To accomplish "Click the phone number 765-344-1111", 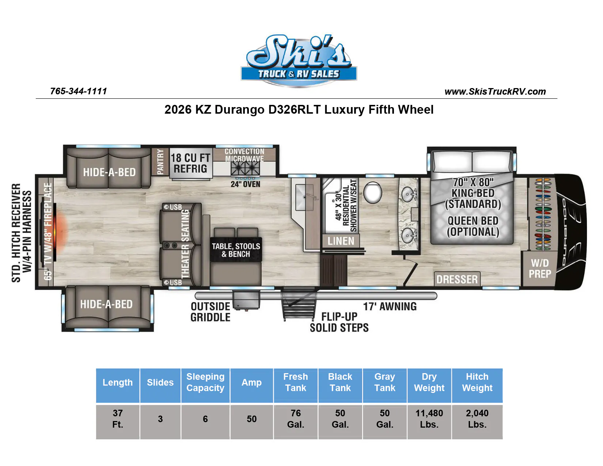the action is click(79, 91).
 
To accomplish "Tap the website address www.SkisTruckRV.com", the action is click(495, 92).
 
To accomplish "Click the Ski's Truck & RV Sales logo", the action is click(299, 60).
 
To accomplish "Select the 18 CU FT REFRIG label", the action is click(190, 163).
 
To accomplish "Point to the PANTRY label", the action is click(160, 162).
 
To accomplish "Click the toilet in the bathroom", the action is click(372, 192).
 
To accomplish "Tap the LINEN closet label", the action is click(341, 241).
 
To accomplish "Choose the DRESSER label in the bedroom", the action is click(457, 279).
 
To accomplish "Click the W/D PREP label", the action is click(540, 268).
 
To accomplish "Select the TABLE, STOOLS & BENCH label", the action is click(236, 250).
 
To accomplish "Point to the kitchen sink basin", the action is click(304, 197).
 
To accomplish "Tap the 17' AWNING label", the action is click(390, 306).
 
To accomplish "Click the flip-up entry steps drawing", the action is click(299, 304).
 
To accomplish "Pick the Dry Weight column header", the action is click(429, 382).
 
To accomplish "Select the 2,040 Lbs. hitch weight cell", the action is click(477, 418).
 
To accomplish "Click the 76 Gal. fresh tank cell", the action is click(296, 418).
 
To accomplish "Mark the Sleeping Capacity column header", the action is click(205, 382).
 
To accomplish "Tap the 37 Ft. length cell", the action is click(118, 418).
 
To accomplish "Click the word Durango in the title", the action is click(239, 110).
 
